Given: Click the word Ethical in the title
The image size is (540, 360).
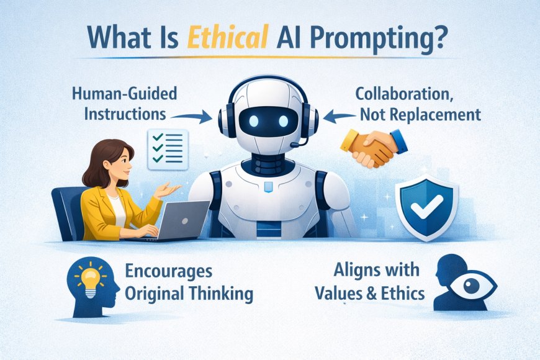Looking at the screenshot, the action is click(x=228, y=37).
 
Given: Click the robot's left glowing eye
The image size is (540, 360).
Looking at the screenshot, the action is click(x=254, y=121).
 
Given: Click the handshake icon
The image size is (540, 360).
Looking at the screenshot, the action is click(x=374, y=147).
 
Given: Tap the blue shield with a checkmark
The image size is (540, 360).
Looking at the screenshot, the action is click(x=426, y=206).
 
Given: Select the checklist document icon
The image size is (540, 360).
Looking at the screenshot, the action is click(x=168, y=149).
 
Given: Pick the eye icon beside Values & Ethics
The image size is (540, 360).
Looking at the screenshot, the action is click(x=472, y=286).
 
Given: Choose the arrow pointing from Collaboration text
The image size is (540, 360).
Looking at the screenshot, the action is click(x=340, y=117).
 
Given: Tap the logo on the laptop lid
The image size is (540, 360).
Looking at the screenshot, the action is click(x=184, y=221).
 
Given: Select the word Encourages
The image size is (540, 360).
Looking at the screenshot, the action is click(x=168, y=272).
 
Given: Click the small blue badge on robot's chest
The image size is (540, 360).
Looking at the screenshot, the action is click(x=268, y=187).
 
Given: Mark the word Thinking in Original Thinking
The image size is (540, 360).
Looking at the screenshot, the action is click(x=222, y=295).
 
